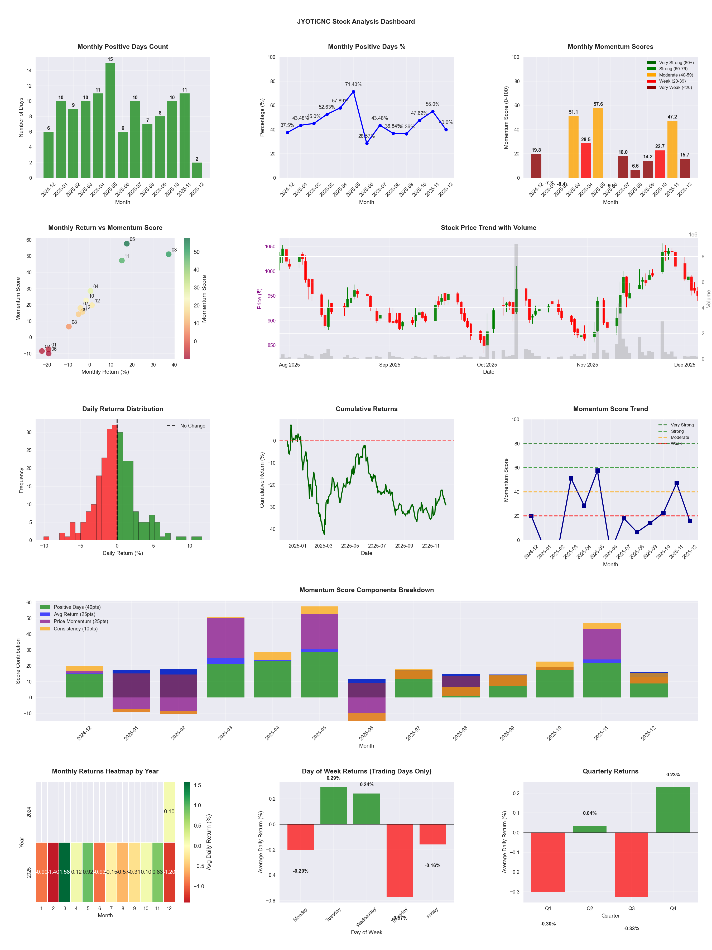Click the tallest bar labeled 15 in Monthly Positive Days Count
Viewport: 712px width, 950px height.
click(110, 120)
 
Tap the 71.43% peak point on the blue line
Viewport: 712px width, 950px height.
click(353, 92)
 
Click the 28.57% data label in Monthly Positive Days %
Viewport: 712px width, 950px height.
click(367, 136)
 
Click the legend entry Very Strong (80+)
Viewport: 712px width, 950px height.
click(676, 63)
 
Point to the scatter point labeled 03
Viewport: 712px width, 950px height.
click(169, 254)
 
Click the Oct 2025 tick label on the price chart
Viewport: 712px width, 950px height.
click(487, 365)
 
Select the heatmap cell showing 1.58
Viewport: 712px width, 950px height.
click(65, 872)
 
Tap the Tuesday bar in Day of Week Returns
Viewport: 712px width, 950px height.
click(334, 806)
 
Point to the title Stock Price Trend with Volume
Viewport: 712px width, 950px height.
click(488, 228)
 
